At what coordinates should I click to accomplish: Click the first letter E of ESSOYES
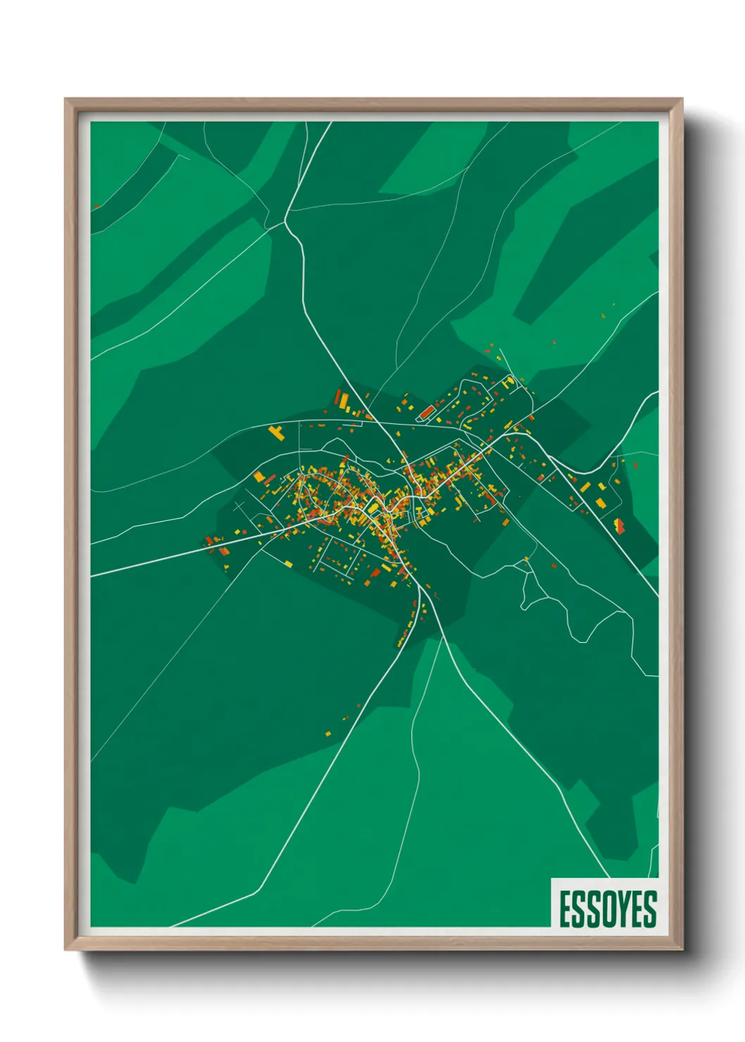point(565,909)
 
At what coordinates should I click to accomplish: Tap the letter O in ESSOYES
point(607,909)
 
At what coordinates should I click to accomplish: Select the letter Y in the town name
point(622,909)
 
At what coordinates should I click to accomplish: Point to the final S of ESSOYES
point(650,909)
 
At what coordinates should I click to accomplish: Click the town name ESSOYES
point(608,909)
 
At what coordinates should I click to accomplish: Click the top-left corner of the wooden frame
point(66,100)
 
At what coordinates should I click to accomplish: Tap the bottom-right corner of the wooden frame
point(682,949)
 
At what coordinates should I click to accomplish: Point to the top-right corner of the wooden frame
point(682,100)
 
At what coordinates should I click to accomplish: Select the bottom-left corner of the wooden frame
point(66,949)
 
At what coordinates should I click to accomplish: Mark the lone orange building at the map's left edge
point(96,207)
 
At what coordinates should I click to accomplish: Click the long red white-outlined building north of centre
point(427,412)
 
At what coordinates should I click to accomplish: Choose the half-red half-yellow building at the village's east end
point(620,525)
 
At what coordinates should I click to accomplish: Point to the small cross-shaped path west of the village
point(240,506)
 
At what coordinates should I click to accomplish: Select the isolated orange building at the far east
point(636,465)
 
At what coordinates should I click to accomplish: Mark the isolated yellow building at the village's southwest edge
point(289,564)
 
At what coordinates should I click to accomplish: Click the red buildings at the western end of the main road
point(209,541)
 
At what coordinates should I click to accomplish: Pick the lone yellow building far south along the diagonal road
point(328,734)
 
